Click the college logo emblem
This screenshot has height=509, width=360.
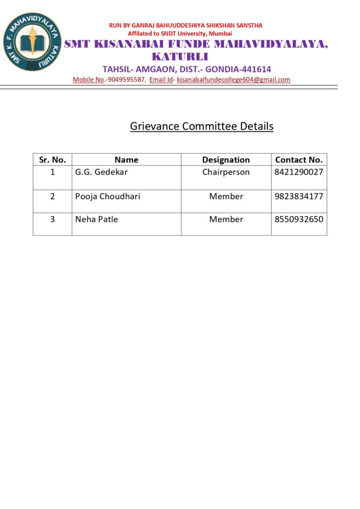pyautogui.click(x=32, y=42)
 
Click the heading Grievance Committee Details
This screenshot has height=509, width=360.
pyautogui.click(x=201, y=126)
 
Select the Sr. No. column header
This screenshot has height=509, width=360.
pyautogui.click(x=52, y=160)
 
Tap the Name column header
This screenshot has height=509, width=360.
pyautogui.click(x=126, y=160)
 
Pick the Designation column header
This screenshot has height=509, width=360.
pyautogui.click(x=226, y=160)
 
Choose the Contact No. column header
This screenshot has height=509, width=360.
pyautogui.click(x=299, y=160)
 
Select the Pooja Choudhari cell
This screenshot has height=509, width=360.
pyautogui.click(x=107, y=196)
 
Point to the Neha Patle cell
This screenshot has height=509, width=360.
pyautogui.click(x=96, y=219)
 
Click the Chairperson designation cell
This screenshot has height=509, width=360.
pyautogui.click(x=226, y=172)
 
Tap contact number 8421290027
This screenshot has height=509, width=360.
pyautogui.click(x=299, y=172)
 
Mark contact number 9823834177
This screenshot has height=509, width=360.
pyautogui.click(x=299, y=196)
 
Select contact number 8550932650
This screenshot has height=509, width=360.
pyautogui.click(x=299, y=219)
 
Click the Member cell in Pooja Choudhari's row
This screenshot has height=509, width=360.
pyautogui.click(x=226, y=196)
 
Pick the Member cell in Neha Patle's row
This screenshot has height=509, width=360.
pyautogui.click(x=226, y=219)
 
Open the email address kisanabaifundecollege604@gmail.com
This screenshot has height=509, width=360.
pyautogui.click(x=233, y=80)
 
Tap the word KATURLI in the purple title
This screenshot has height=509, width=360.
pyautogui.click(x=180, y=56)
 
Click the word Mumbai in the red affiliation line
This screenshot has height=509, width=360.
pyautogui.click(x=220, y=33)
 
